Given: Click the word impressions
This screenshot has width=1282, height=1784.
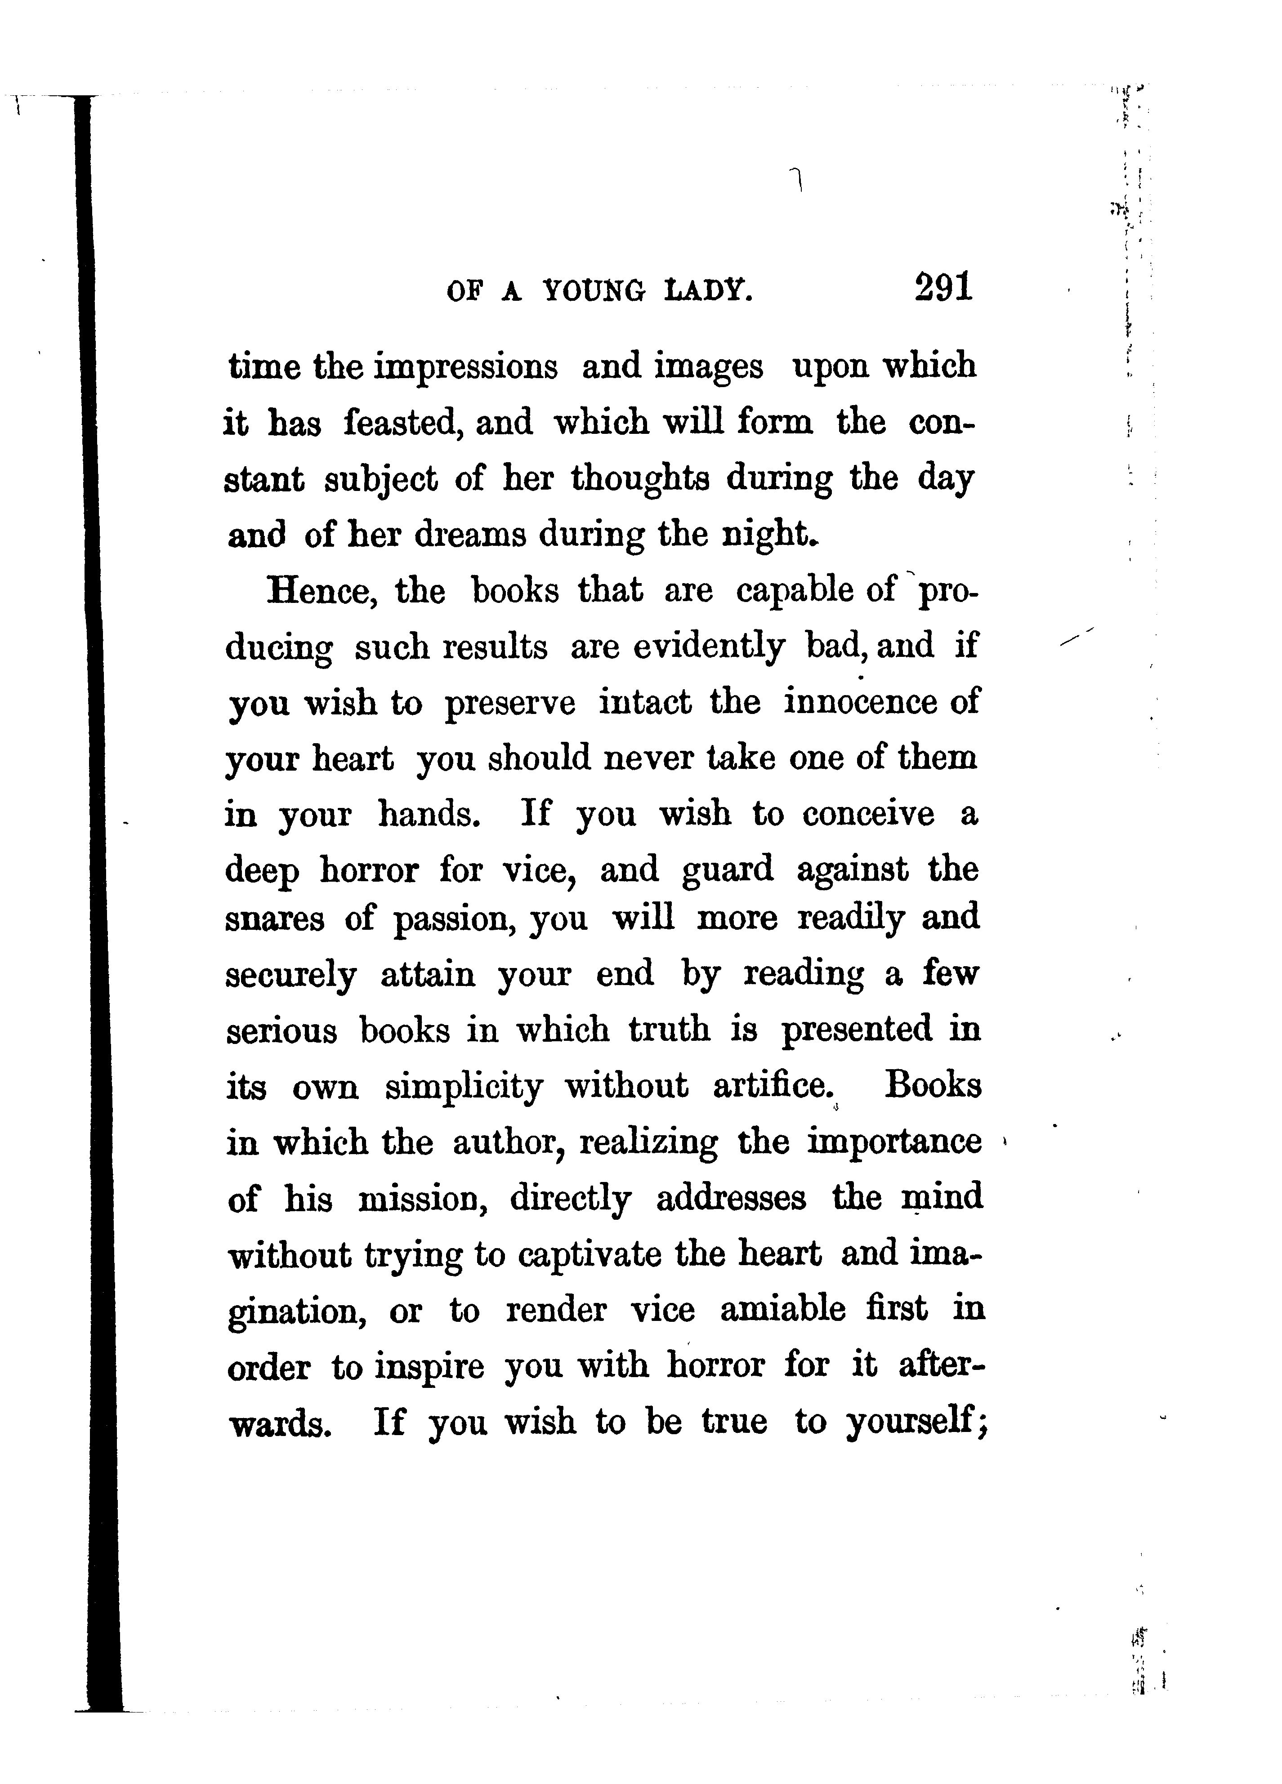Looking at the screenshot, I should (465, 367).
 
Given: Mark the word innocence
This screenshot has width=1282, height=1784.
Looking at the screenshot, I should (860, 702).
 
